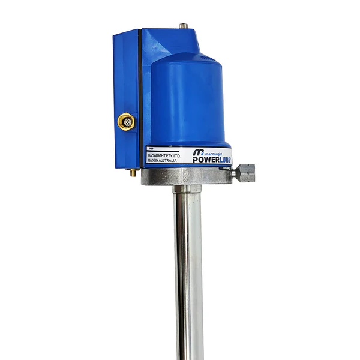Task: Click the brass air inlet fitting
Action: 126,122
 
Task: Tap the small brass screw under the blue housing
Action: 132,172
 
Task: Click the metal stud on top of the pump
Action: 183,26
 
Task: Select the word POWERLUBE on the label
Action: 211,160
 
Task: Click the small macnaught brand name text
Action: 217,152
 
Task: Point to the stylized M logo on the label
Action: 199,153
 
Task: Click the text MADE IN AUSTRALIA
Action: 163,161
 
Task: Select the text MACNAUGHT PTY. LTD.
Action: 163,155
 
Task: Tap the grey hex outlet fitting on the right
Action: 245,173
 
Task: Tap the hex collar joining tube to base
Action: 187,188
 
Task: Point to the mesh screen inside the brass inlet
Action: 126,122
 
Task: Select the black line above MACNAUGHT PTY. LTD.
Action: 163,151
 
